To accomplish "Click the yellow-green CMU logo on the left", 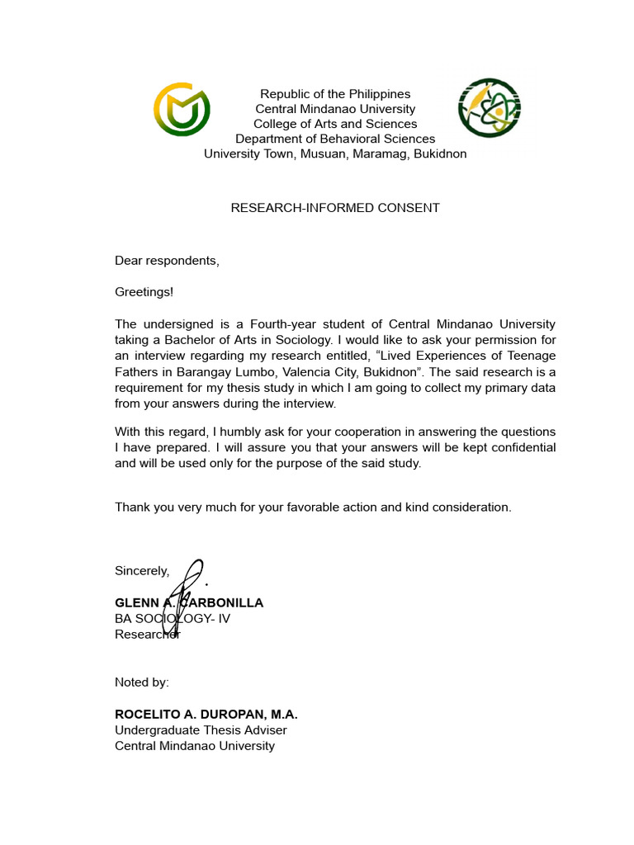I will (x=182, y=109).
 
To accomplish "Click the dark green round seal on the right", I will (x=490, y=108).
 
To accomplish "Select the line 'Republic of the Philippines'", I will (x=335, y=94).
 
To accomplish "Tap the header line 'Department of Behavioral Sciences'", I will (x=335, y=139).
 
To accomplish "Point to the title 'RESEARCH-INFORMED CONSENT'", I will (x=335, y=208).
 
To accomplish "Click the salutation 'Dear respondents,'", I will (x=167, y=261).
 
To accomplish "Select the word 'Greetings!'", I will (x=144, y=291).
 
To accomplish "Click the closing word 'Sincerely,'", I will (x=142, y=571).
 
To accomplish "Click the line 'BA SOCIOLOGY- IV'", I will (x=173, y=618).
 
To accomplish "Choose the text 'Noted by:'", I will (x=141, y=682).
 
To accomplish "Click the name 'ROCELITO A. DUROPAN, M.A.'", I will (x=206, y=714).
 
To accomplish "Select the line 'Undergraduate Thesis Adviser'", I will (x=201, y=729).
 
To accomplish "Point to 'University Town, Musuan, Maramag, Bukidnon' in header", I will (x=335, y=153).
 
